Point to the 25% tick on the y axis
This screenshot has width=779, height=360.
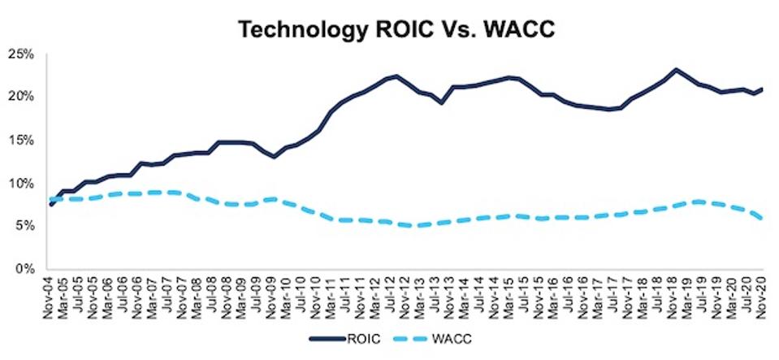click(22, 54)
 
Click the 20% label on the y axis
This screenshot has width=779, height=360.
click(22, 97)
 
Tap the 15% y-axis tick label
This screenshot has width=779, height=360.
click(22, 140)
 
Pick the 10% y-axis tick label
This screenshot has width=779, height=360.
click(22, 183)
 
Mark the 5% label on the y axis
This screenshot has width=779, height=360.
click(24, 225)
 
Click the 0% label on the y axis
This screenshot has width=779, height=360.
click(24, 268)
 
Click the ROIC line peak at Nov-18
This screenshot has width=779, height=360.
click(676, 70)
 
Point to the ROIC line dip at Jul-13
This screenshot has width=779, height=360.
click(440, 102)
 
